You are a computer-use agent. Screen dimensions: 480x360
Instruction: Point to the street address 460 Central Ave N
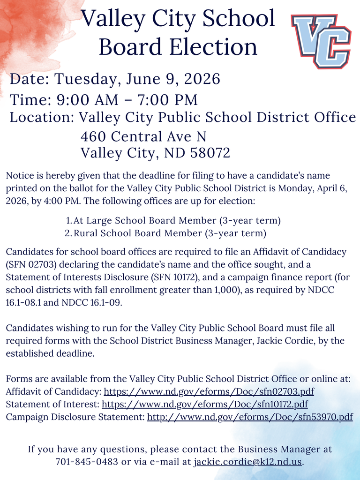tap(143, 136)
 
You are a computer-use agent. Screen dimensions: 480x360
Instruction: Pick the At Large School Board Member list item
tap(177, 220)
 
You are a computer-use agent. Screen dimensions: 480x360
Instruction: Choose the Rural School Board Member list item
tap(170, 233)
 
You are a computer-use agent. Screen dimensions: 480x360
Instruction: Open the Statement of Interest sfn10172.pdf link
tap(204, 404)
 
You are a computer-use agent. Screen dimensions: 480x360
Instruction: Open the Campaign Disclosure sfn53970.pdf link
tap(249, 416)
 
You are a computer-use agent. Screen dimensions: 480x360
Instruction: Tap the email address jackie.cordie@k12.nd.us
tap(248, 462)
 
